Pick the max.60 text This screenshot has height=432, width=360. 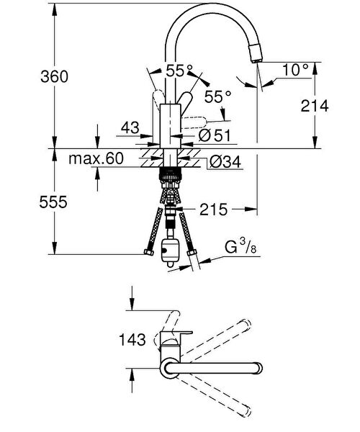tap(96, 157)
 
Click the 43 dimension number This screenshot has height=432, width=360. tap(130, 127)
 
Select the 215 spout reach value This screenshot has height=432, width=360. tap(214, 210)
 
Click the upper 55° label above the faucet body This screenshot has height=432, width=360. tap(180, 71)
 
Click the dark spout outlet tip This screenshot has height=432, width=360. tap(255, 51)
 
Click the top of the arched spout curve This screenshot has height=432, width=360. tap(209, 12)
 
